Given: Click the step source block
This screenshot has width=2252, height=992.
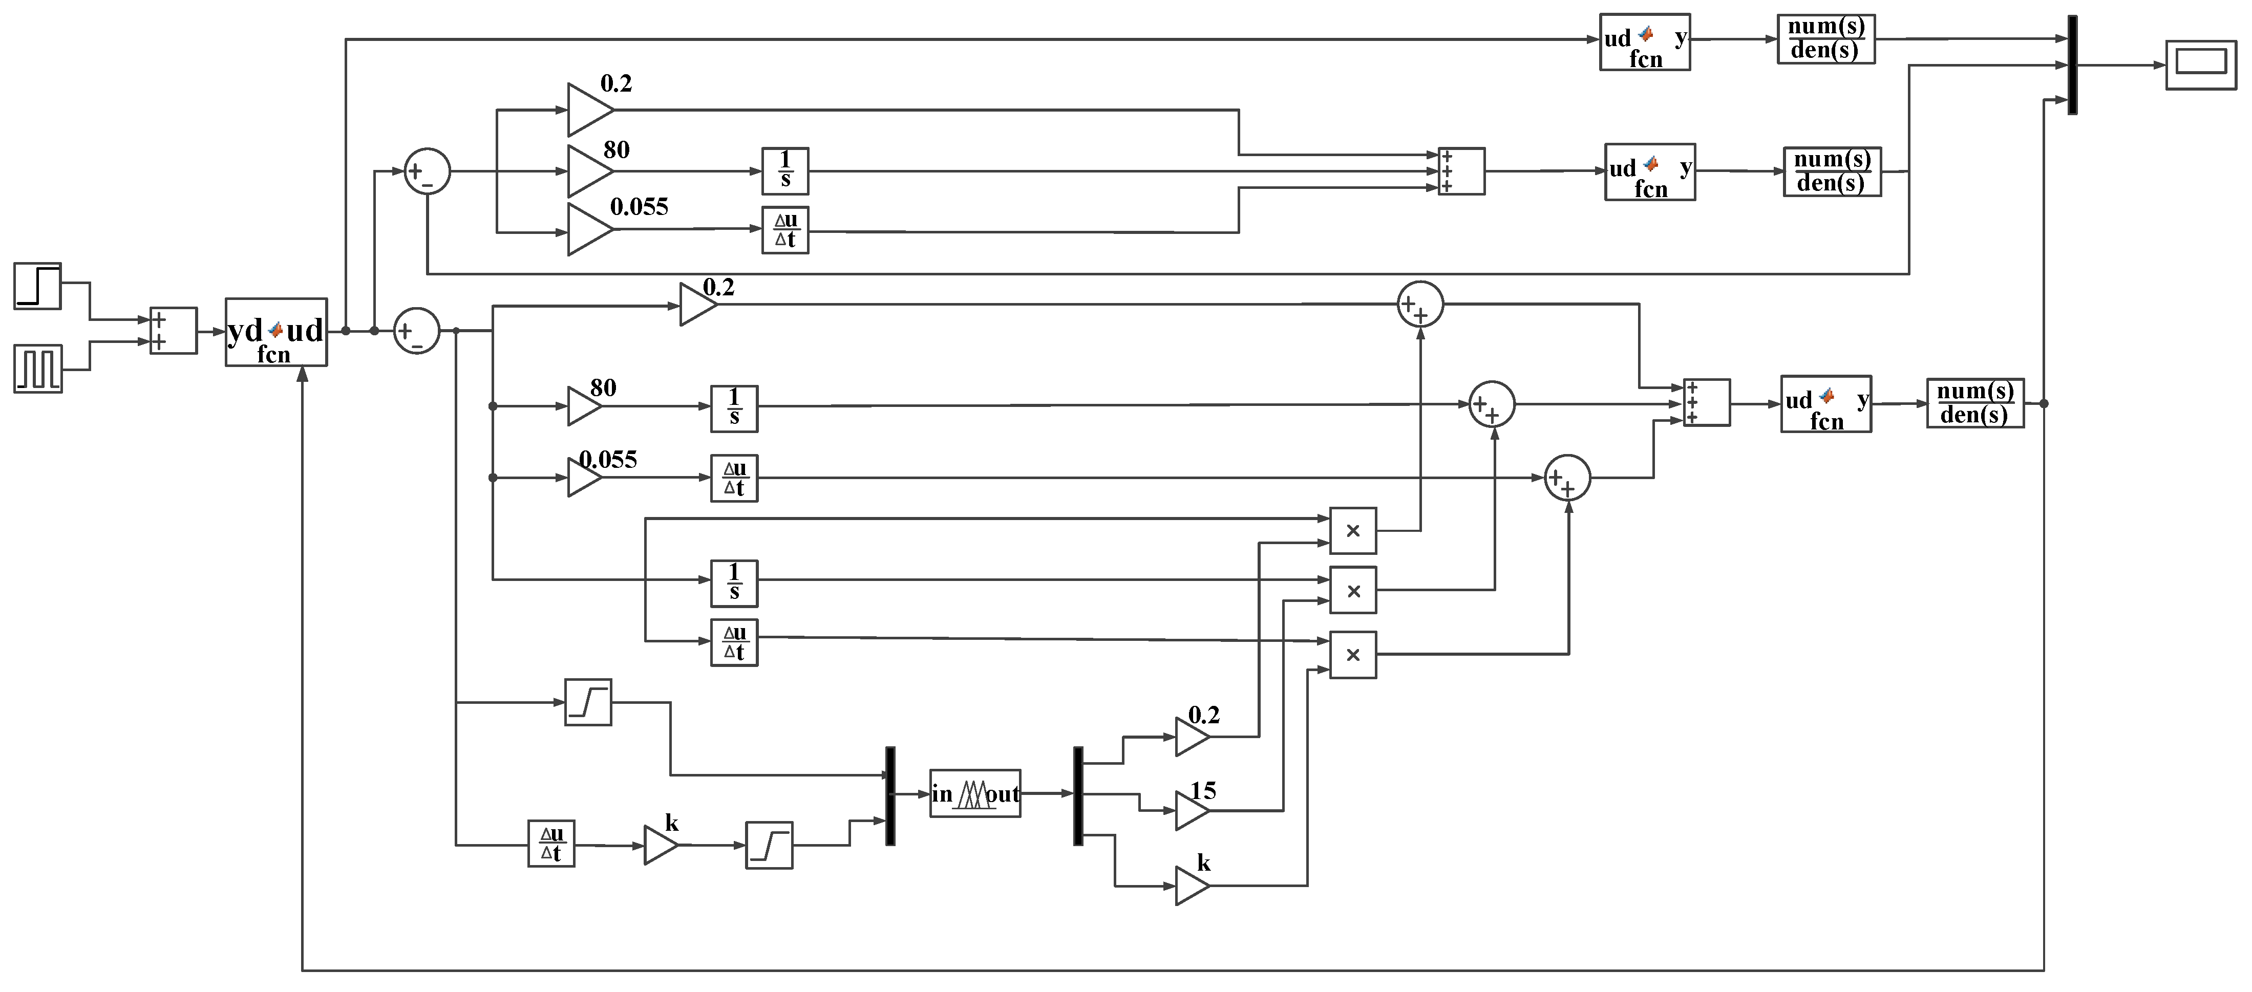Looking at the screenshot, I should coord(37,286).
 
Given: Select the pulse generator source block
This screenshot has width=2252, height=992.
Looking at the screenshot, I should coord(37,368).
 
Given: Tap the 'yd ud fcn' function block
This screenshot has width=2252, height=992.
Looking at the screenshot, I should coord(277,332).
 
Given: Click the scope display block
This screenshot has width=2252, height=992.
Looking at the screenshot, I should coord(2200,64).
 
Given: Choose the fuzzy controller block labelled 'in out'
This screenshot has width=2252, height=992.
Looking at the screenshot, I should coord(975,793).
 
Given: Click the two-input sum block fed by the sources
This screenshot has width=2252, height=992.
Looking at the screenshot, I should coord(173,330).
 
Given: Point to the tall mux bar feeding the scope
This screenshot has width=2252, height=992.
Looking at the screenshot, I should coord(2072,64).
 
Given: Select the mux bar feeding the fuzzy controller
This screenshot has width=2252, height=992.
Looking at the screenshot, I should coord(890,795).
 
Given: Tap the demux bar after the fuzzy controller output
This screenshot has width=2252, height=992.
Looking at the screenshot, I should coord(1078,795).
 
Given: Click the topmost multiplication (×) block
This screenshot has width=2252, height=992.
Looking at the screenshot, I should coord(1352,530).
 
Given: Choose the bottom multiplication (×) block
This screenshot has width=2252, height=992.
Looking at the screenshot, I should coord(1352,655).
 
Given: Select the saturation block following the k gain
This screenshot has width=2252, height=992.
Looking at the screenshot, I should coord(769,845).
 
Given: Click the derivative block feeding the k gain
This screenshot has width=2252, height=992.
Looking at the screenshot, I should coord(551,844).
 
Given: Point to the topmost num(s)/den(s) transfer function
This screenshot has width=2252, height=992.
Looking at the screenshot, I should coord(1826,38).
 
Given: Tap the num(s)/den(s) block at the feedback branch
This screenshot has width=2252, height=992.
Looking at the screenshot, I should coord(1975,403).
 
